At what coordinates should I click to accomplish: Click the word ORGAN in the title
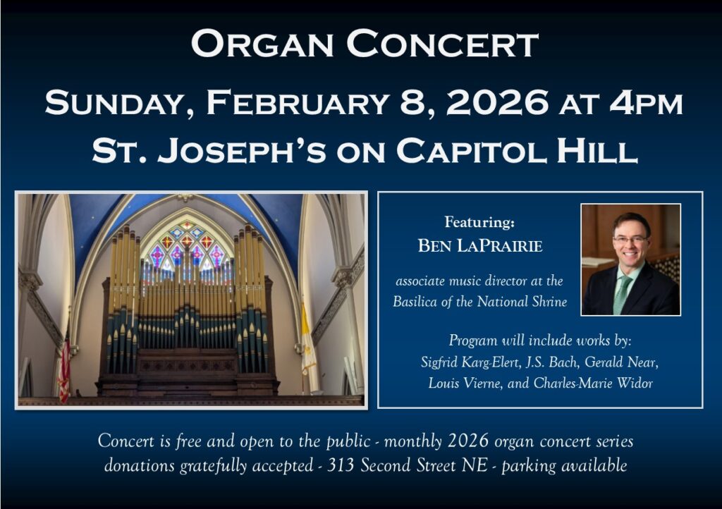click(262, 44)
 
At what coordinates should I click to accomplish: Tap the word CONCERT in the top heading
click(442, 44)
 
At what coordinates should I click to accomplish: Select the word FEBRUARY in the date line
click(298, 102)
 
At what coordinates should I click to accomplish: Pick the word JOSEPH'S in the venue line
click(242, 150)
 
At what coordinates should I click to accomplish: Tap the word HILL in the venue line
click(597, 150)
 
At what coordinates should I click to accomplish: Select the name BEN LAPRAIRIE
click(479, 246)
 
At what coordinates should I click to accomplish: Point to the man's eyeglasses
click(630, 240)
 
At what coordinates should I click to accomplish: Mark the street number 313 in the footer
click(341, 465)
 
